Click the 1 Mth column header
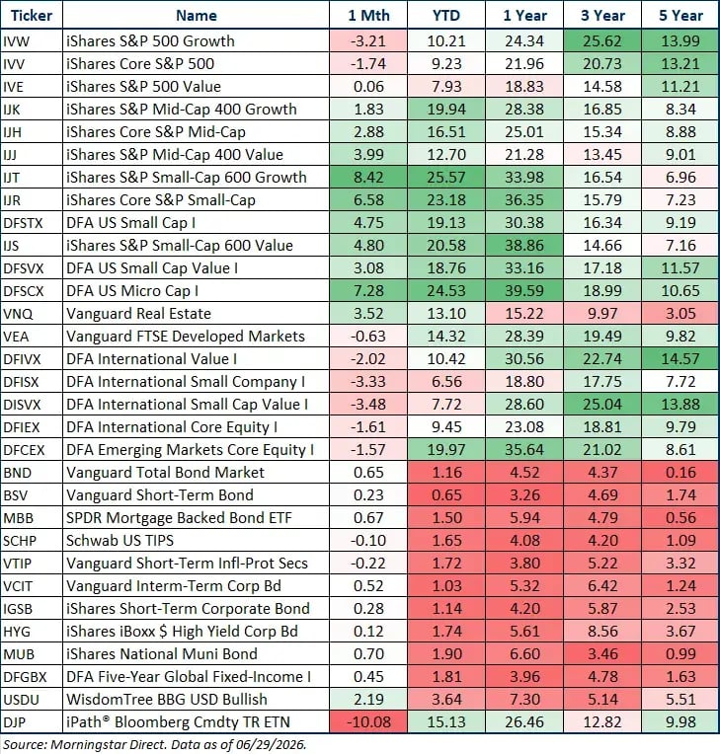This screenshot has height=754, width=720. pyautogui.click(x=368, y=16)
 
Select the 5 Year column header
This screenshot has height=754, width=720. pyautogui.click(x=681, y=16)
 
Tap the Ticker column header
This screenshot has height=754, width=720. pyautogui.click(x=32, y=16)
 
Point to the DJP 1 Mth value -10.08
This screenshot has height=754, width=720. pyautogui.click(x=368, y=721)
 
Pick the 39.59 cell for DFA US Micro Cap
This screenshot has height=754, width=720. pyautogui.click(x=524, y=291)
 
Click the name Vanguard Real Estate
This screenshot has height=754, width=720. pyautogui.click(x=138, y=314)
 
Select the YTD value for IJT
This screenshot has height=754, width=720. pyautogui.click(x=446, y=178)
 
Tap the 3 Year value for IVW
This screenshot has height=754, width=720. pyautogui.click(x=602, y=40)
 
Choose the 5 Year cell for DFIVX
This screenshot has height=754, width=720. pyautogui.click(x=680, y=358)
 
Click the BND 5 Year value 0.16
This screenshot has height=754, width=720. pyautogui.click(x=680, y=472)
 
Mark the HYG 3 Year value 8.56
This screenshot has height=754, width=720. pyautogui.click(x=602, y=631)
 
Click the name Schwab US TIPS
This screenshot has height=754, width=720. pyautogui.click(x=120, y=541)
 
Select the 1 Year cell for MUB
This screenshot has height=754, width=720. pyautogui.click(x=524, y=654)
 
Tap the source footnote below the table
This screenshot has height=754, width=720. pyautogui.click(x=155, y=744)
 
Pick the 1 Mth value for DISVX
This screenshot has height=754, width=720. pyautogui.click(x=368, y=404)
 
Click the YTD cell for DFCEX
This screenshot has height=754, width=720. pyautogui.click(x=446, y=450)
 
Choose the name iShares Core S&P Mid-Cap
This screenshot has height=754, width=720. pyautogui.click(x=156, y=132)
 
